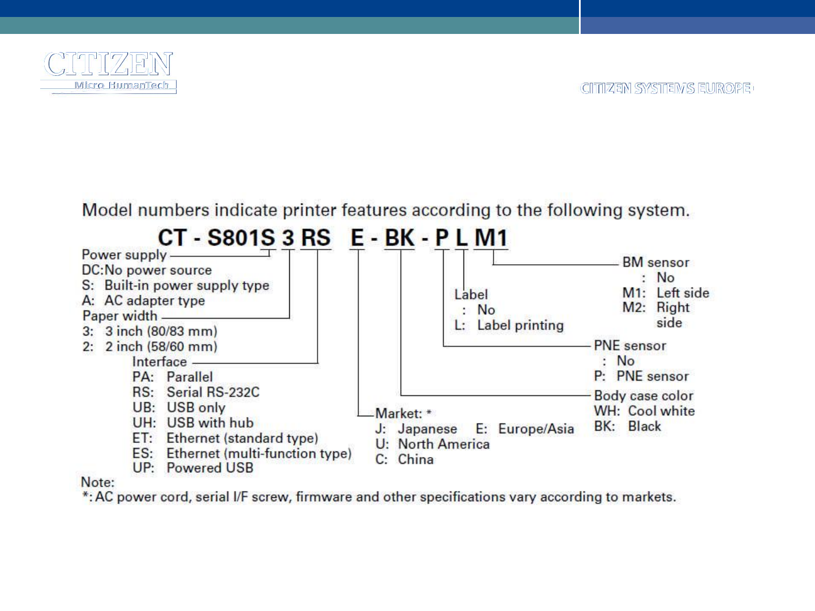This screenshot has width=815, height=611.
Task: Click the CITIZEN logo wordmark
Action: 108,64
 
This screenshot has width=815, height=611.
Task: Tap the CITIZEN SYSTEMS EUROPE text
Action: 667,89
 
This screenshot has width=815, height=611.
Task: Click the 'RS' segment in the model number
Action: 316,238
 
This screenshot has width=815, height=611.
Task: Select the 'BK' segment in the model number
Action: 400,238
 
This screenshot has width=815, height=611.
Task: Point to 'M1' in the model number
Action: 491,238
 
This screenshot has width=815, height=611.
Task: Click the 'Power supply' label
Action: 124,255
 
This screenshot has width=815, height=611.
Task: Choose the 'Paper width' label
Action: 119,316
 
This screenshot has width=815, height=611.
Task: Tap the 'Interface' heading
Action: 159,362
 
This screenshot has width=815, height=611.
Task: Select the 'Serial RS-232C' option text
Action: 213,392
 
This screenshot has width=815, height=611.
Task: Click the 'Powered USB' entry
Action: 209,468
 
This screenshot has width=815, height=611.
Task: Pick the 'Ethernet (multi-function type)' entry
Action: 259,453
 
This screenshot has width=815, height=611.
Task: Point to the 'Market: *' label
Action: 404,414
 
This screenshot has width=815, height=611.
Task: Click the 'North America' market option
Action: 443,444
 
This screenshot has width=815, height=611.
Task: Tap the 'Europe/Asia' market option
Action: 535,429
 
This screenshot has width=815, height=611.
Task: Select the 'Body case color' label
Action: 643,395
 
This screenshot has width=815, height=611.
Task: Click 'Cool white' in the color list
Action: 661,411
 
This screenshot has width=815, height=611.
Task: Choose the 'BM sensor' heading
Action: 655,263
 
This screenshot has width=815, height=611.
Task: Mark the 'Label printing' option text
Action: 520,325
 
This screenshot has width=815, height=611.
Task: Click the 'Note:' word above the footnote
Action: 97,483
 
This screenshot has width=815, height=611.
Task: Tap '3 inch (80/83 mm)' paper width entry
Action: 161,331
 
